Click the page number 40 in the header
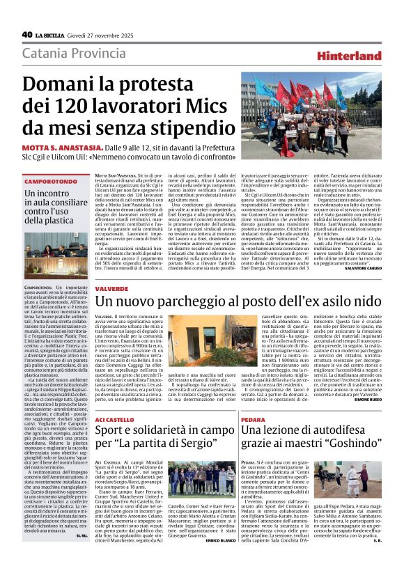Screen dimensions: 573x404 [x=27, y=34]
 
